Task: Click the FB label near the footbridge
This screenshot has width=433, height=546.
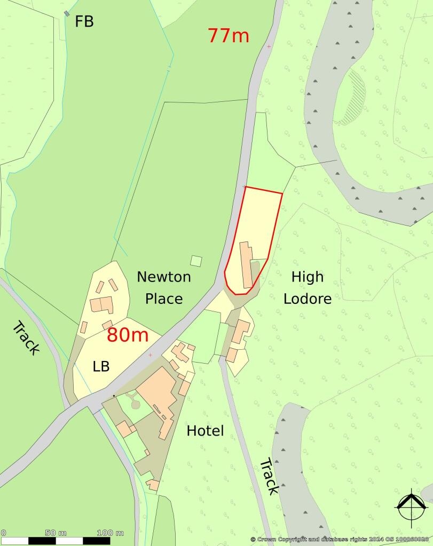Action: (84, 21)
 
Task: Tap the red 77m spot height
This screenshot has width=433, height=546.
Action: (228, 35)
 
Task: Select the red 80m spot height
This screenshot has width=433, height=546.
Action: (127, 335)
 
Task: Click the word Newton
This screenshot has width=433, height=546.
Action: (163, 277)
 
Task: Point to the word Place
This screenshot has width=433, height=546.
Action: (163, 299)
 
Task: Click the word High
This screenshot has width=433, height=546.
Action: (308, 277)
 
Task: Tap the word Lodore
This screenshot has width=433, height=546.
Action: (308, 299)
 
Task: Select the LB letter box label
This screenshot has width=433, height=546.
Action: (100, 367)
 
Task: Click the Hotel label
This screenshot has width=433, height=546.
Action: (205, 431)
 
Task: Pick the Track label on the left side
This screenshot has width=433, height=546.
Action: (26, 339)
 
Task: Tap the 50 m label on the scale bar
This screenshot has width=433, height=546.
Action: (56, 533)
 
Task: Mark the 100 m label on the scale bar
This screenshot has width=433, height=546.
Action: (110, 533)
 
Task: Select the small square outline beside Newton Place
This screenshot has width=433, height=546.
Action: (196, 261)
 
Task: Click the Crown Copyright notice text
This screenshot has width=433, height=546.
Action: (340, 540)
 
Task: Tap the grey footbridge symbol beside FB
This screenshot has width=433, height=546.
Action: (67, 13)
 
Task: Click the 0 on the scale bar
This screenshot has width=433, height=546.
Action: (3, 533)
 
